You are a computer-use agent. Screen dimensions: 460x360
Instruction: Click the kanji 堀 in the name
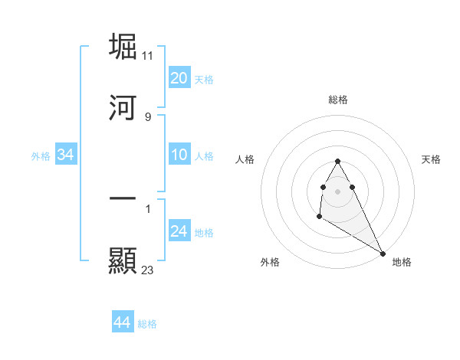(x=123, y=47)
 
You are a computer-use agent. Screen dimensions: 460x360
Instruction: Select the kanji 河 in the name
(x=123, y=108)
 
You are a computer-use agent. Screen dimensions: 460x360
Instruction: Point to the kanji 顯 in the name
(x=123, y=260)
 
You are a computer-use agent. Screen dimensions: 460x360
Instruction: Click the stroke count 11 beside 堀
(x=148, y=56)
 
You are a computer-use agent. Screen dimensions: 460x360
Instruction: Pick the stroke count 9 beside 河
(x=147, y=116)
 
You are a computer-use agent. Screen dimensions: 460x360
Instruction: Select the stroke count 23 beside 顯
(x=148, y=270)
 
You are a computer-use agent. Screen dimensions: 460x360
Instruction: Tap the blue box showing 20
(x=179, y=77)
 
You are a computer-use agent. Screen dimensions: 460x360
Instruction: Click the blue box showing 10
(x=179, y=155)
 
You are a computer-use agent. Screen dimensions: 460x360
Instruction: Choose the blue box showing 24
(x=179, y=231)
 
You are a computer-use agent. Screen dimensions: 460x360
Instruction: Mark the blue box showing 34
(x=66, y=155)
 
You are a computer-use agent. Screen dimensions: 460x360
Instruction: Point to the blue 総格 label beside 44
(x=147, y=324)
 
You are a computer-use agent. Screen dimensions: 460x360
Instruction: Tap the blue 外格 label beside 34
(x=41, y=156)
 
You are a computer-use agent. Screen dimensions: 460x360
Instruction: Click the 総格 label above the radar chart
(x=338, y=100)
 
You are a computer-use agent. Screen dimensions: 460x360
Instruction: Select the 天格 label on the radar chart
(x=431, y=159)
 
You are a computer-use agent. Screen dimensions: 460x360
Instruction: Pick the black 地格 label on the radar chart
(x=402, y=262)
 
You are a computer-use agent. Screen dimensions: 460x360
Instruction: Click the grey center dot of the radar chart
(x=337, y=190)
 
